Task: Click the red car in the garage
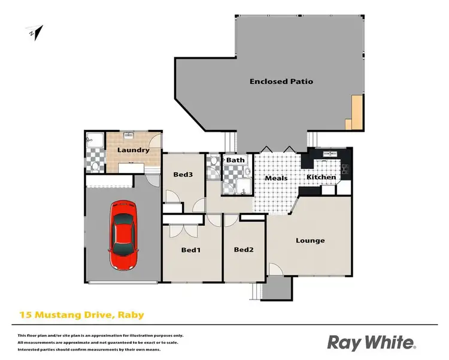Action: coord(123,235)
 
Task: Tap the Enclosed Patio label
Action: coord(281,81)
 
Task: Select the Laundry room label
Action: coord(132,150)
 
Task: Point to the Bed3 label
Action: coord(183,175)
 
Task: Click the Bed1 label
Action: coord(190,250)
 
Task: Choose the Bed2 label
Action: coord(243,250)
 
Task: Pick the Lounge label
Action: coord(310,241)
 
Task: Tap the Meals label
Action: coord(276,178)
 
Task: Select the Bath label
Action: coord(235,161)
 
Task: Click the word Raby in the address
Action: coord(132,314)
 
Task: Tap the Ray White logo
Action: coord(371,342)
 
